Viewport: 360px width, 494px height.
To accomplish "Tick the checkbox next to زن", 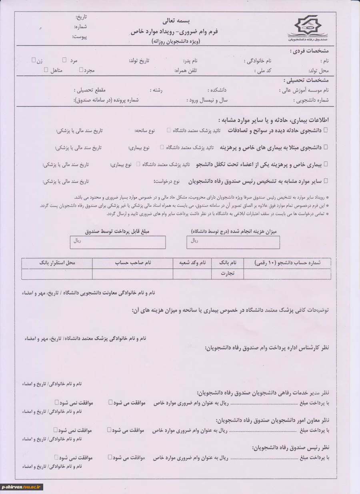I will point(34,60).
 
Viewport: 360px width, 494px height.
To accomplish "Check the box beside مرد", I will point(64,60).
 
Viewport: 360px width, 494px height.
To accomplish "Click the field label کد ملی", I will point(263,71).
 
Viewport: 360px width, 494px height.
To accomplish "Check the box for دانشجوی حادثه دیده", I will point(325,129).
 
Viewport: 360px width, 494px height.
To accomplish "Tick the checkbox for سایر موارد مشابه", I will point(325,181).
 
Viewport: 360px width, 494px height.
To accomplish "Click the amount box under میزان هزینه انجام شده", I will point(233,242).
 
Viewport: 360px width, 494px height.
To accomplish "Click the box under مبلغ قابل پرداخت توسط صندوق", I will point(118,242).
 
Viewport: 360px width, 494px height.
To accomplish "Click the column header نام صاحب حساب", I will point(133,263).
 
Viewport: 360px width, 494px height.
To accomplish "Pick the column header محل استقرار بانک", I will point(57,263).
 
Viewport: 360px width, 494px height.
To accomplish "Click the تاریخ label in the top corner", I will point(81,17).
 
